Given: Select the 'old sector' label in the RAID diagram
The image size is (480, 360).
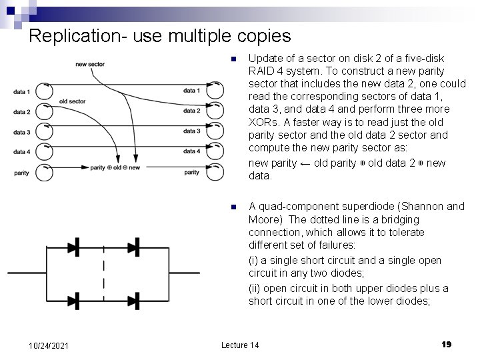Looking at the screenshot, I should [x=72, y=101].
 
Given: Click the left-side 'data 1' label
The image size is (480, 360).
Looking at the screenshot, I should [x=22, y=91].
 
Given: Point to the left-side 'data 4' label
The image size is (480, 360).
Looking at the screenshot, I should [x=22, y=152].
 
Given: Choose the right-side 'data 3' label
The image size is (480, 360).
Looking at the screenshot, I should [x=191, y=131].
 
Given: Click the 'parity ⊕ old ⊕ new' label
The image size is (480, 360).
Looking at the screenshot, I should [x=115, y=167].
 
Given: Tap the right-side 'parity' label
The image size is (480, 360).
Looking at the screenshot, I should [x=191, y=172].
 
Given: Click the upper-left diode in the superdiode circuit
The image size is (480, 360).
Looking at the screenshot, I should [x=73, y=246].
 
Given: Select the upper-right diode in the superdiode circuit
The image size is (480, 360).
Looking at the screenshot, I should [x=133, y=246].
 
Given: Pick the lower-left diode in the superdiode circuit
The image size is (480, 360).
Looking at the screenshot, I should [x=73, y=300].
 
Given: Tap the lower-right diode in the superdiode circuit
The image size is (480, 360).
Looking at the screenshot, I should [x=133, y=300].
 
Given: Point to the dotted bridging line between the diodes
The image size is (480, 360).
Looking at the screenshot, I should [x=104, y=273].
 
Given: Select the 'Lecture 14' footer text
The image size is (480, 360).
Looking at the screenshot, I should [x=240, y=344].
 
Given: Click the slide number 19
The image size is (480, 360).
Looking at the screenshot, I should [x=447, y=344].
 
